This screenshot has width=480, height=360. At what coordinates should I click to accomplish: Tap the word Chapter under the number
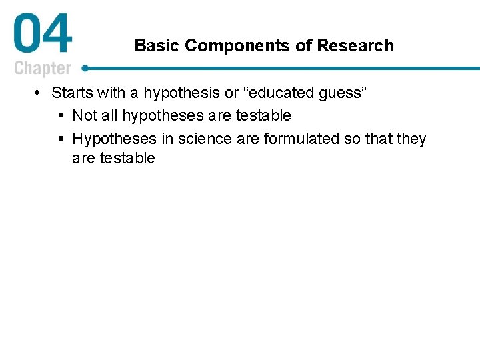point(43,69)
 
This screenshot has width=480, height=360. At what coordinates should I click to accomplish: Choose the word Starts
point(72,93)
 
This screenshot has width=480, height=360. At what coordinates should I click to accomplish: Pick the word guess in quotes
point(343,93)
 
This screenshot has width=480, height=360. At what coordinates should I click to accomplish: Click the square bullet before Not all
point(61,116)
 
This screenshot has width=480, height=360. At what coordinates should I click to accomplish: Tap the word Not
point(85,115)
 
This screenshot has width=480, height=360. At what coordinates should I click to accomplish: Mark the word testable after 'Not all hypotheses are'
point(263,115)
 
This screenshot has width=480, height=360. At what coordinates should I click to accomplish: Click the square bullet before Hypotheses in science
point(61,139)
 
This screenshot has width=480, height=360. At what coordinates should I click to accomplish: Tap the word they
point(411,139)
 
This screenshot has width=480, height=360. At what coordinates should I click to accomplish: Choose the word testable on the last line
point(127,158)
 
